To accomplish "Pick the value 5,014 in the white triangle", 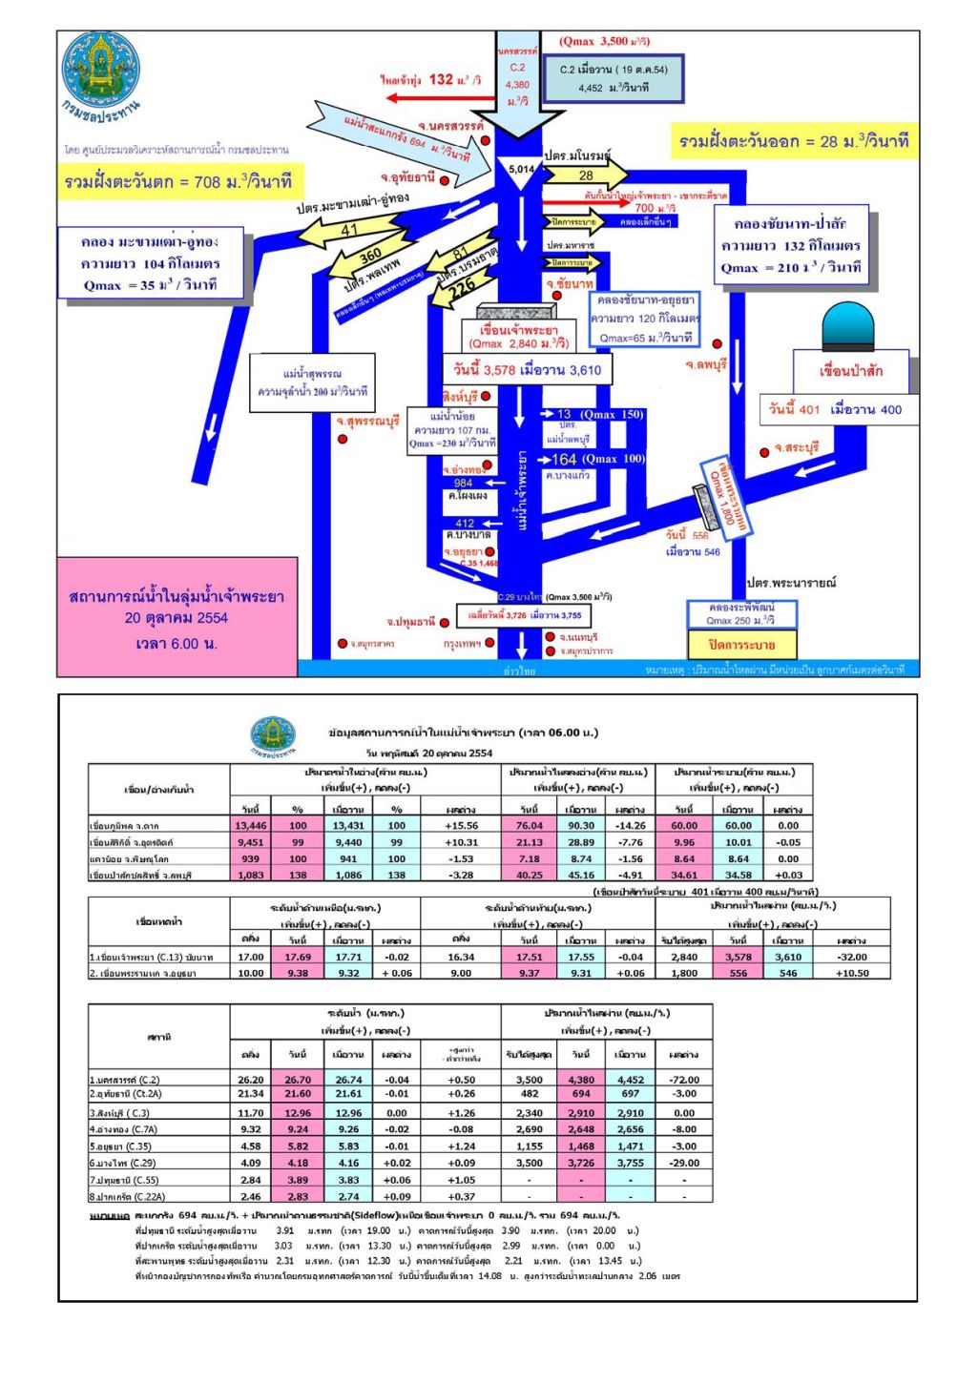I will point(521,170).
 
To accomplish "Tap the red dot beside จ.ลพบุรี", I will point(717,343).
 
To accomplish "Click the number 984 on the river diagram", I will point(464,483).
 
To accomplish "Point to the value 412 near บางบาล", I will point(465,523).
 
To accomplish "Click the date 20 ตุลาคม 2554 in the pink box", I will point(177,618).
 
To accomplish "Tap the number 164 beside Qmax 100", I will point(564,459).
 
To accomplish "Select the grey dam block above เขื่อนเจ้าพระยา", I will point(516,312).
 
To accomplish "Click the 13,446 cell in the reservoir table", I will point(251,825).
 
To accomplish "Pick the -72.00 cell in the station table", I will point(684,1080).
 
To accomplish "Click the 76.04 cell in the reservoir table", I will point(530,825).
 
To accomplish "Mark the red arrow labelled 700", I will point(584,202).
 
